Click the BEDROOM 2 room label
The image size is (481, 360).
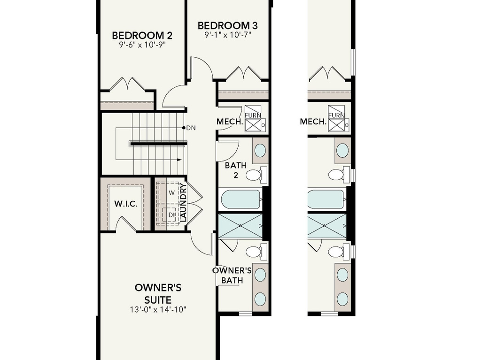coord(142,36)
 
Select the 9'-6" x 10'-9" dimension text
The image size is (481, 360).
coord(142,45)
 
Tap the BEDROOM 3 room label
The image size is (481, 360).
coord(227,25)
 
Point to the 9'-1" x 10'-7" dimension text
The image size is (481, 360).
coord(227,35)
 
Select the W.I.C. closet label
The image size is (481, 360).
coord(124,204)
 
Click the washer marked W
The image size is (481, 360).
coord(171,192)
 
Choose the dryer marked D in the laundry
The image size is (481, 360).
coord(171,215)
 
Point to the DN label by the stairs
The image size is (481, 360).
coord(191,128)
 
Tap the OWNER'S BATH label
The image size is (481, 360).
coord(232,276)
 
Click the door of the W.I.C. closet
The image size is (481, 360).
coord(126,224)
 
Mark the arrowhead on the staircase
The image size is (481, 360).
coord(179,160)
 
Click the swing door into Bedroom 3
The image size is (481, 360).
coord(202,68)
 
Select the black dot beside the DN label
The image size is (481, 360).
coord(184,128)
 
